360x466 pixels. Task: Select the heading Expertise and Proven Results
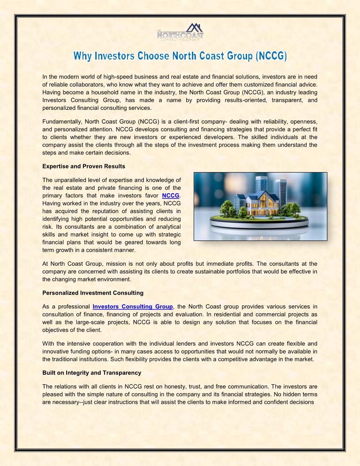tap(84, 166)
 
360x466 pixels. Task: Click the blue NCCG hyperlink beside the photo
tap(171, 195)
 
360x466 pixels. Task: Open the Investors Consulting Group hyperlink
tap(133, 307)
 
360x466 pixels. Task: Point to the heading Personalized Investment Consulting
tap(93, 293)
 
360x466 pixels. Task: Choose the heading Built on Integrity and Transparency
tap(92, 373)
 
